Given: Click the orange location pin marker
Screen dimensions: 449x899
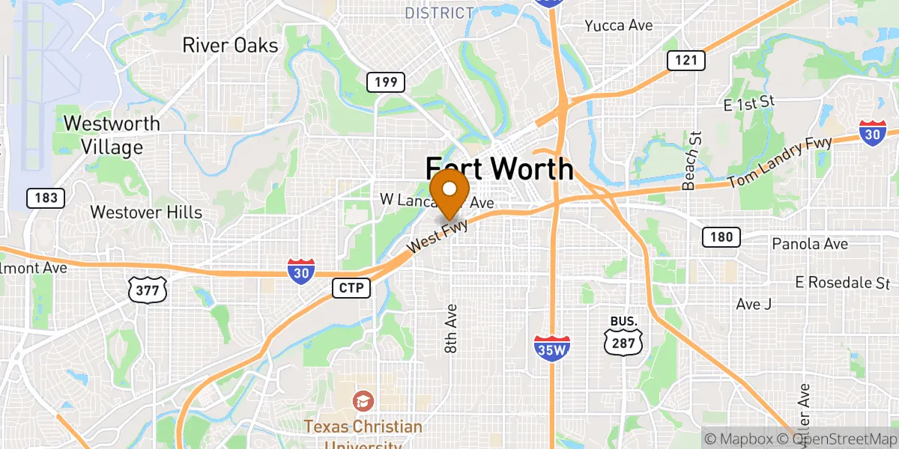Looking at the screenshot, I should pos(449,192).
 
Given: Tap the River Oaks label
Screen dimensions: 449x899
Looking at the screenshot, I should pos(230,45).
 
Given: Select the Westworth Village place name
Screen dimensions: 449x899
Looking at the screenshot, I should pos(112,135).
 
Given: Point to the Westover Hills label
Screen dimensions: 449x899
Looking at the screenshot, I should pos(146,213).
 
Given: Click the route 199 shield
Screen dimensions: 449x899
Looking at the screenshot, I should pos(386,82).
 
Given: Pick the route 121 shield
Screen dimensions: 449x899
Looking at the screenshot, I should pos(685,61).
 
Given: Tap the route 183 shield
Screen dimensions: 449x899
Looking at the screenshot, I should pos(45,198).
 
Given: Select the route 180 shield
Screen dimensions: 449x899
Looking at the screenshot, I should pos(721,238).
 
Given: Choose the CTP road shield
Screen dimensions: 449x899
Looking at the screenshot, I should pos(351,287).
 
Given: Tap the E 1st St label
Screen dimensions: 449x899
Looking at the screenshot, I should pos(748,103).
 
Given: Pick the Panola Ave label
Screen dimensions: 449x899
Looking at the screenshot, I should pos(810,244).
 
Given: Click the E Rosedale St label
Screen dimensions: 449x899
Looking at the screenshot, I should pos(843,283).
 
